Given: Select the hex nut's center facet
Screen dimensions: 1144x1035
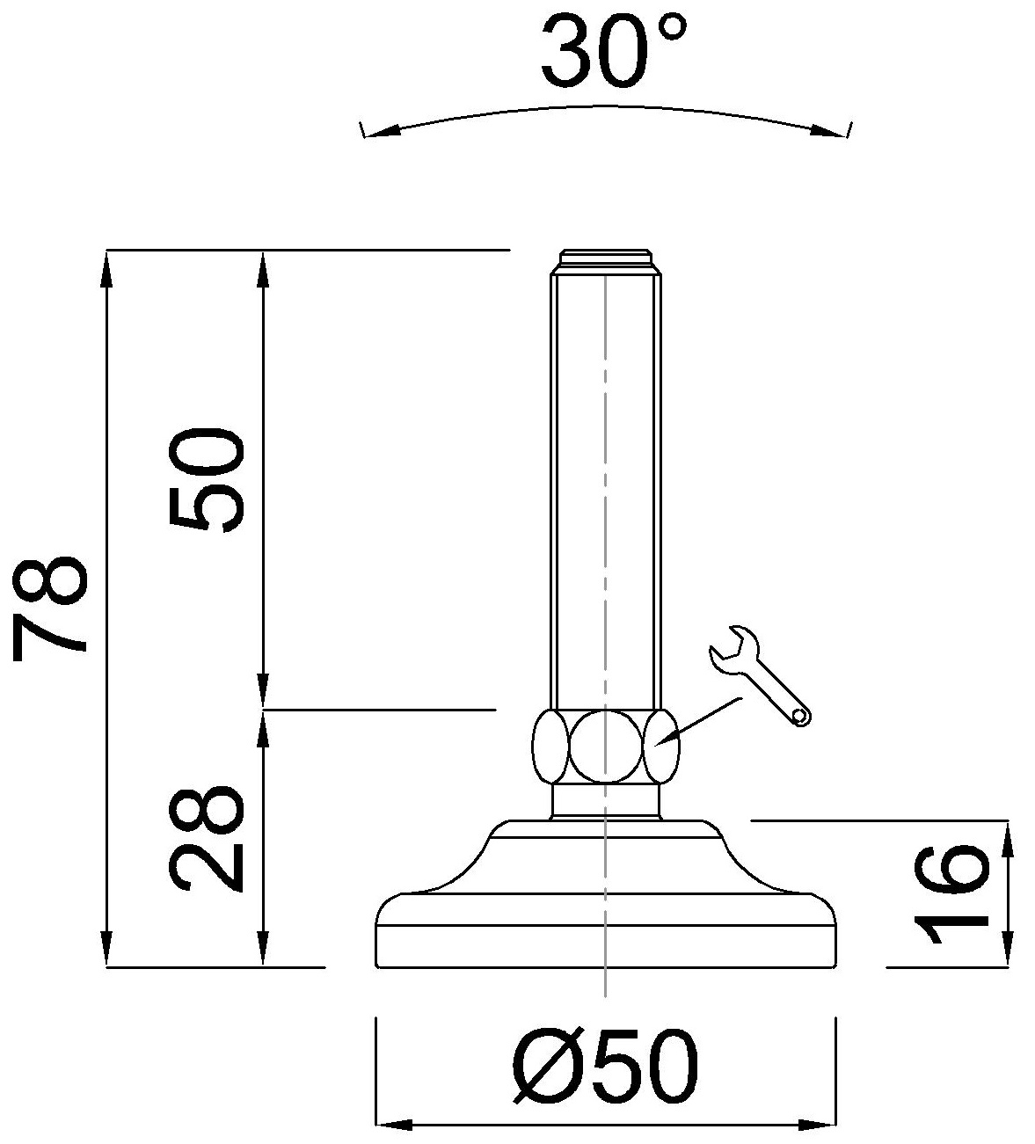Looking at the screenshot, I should pos(605,747).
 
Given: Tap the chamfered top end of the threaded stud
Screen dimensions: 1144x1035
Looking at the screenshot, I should pos(605,262).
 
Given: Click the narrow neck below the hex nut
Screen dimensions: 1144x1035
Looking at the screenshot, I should pos(605,801).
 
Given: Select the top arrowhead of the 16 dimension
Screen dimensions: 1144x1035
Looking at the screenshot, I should pos(1007,836).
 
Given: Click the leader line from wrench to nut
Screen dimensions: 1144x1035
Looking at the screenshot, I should pos(703,718).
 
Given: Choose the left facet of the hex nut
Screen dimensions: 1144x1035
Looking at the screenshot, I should pos(550,747).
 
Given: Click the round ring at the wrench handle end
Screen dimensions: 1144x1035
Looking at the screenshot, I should pos(800,716).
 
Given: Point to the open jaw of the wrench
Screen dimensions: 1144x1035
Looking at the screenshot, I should pos(729,647).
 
